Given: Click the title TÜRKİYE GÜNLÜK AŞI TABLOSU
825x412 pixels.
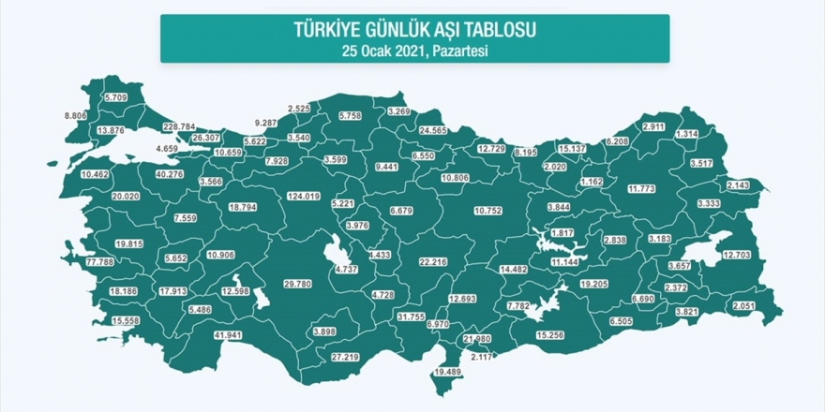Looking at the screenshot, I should click(414, 32).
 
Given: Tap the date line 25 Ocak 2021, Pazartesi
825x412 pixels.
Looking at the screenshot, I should click(414, 51).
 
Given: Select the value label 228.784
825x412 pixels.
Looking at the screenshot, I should click(179, 126).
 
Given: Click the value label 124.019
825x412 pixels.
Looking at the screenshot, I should click(304, 197).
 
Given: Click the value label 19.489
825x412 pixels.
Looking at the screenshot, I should click(447, 372).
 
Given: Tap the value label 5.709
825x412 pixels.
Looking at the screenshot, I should click(116, 97).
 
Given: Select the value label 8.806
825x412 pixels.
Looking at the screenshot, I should click(76, 115).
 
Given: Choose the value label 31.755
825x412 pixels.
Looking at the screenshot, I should click(412, 316).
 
